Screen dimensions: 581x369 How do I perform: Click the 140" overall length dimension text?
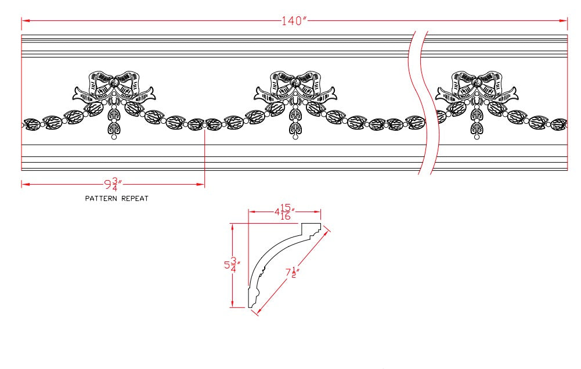[x=294, y=21]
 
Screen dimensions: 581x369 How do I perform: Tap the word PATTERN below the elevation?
[x=101, y=198]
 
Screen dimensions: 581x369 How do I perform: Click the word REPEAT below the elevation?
[x=135, y=198]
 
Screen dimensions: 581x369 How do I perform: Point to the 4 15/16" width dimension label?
[x=284, y=212]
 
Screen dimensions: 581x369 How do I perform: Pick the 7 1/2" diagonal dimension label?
[x=292, y=273]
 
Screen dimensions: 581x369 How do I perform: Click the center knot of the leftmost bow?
[x=113, y=81]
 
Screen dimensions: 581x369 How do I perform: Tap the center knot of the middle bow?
[x=295, y=81]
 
